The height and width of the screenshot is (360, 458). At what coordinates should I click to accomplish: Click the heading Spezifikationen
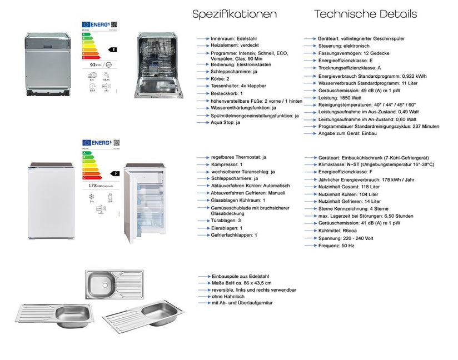(x=234, y=14)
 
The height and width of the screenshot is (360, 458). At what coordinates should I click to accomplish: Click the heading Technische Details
(x=365, y=14)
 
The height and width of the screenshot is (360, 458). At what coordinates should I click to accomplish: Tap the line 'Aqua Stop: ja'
(x=226, y=122)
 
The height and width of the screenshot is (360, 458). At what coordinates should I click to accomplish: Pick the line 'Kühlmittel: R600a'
(x=338, y=230)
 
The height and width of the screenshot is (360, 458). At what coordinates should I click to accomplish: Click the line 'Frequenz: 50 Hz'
(x=336, y=245)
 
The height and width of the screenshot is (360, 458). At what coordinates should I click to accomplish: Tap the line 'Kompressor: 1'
(x=226, y=164)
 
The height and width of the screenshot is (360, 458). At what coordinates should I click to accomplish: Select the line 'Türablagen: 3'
(x=226, y=221)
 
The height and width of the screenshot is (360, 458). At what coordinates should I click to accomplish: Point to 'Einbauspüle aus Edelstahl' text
(x=240, y=276)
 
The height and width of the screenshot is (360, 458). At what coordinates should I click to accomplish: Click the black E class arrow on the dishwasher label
(x=113, y=49)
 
